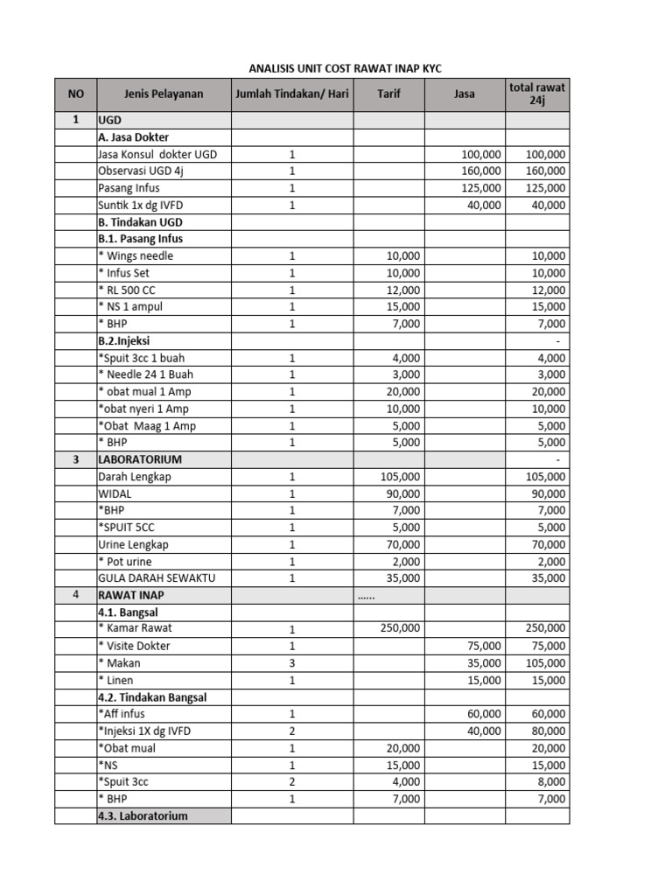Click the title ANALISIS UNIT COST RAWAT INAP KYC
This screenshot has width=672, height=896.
coord(339,68)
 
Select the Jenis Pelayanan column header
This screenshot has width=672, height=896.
coord(164,94)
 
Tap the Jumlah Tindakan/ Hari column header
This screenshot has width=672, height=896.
coord(291,94)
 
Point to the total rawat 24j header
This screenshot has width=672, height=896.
coord(536,94)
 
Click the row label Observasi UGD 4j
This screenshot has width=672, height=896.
coord(141,171)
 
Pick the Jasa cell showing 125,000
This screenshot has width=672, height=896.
coord(480,188)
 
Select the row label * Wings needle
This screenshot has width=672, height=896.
coord(136,256)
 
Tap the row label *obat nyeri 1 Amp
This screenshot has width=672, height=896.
coord(143,409)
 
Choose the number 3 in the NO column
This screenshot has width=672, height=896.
coord(76,459)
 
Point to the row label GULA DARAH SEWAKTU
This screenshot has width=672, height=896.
coord(157,578)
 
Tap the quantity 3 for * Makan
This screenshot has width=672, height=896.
coord(292,663)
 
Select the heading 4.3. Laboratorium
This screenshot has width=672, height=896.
coord(143,815)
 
